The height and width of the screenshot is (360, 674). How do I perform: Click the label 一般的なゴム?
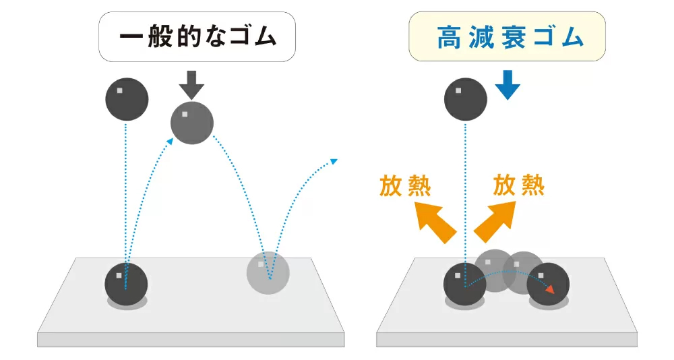coord(197,36)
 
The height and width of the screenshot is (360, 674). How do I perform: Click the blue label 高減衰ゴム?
coord(509,37)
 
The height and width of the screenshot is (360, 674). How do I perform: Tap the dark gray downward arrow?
coord(192,84)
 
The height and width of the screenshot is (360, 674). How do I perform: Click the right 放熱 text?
coord(518,185)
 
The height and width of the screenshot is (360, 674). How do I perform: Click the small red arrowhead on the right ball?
coord(551,289)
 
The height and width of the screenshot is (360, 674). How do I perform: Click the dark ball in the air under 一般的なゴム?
coord(126,100)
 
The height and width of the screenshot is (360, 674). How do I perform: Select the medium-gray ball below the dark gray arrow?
coord(191,123)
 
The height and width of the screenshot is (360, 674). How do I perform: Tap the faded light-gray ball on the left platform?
coord(268,272)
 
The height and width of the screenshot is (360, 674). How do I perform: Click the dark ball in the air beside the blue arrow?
coord(465,100)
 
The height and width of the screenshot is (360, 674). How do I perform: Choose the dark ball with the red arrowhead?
coord(548,284)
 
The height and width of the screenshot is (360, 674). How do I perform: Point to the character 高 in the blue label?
coord(449,38)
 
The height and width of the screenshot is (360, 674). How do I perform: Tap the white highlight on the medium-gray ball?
coord(185,115)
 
